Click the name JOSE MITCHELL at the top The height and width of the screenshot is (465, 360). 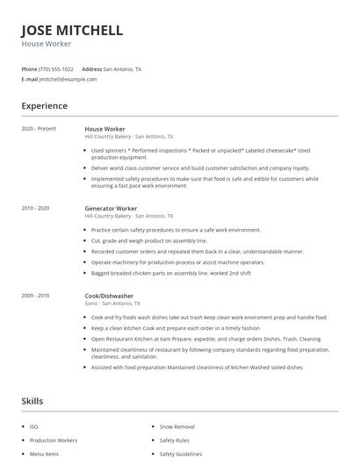(x=72, y=31)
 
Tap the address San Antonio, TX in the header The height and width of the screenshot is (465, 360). (x=122, y=68)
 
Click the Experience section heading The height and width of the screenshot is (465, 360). (x=45, y=106)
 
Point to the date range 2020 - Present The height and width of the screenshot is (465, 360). (x=39, y=129)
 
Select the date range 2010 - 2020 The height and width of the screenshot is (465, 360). (x=36, y=208)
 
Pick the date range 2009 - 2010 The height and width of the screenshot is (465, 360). (x=36, y=296)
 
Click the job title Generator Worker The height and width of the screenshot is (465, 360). (x=112, y=208)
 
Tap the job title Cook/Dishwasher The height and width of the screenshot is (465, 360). (x=110, y=296)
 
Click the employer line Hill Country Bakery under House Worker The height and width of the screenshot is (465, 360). (x=129, y=137)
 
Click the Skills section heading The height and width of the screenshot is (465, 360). (x=33, y=400)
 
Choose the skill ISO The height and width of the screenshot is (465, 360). (x=33, y=426)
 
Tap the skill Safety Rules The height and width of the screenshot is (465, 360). (x=174, y=440)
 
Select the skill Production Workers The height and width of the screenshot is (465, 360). (x=54, y=440)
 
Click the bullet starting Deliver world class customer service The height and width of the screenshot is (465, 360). (x=200, y=168)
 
